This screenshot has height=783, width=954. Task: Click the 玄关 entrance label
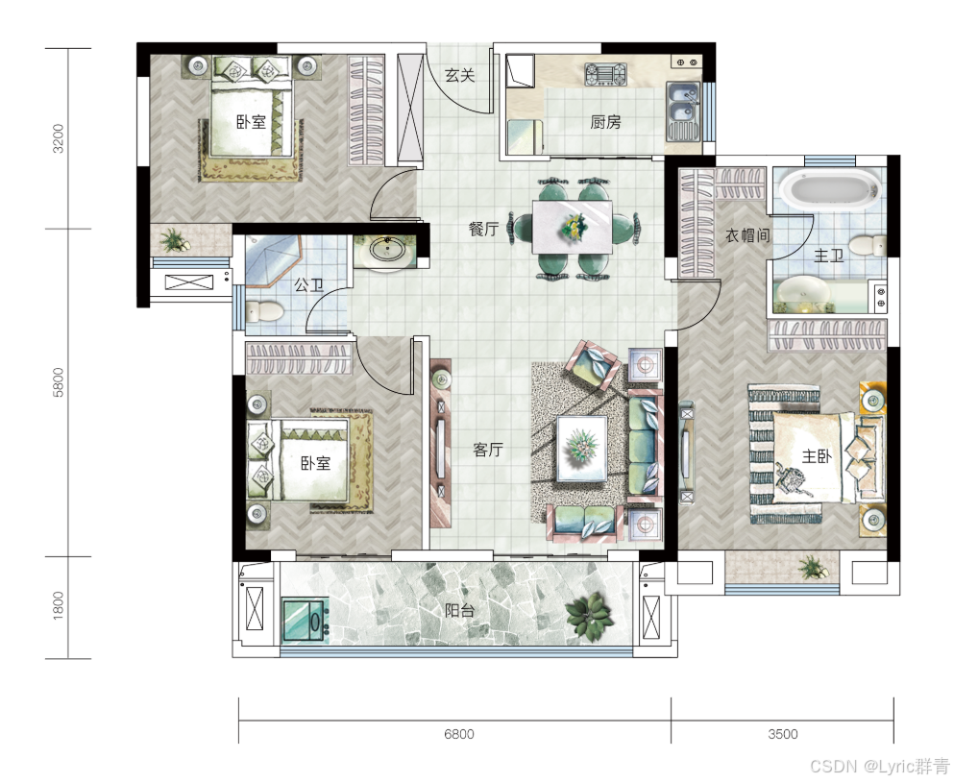click(x=459, y=76)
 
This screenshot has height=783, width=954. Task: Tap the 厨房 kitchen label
click(x=605, y=122)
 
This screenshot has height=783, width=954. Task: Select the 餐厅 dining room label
click(x=483, y=229)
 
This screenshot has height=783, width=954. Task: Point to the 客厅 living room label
click(x=488, y=450)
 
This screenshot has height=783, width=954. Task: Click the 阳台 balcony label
click(x=459, y=610)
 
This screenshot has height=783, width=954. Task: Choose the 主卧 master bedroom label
click(x=817, y=455)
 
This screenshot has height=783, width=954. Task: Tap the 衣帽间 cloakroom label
click(x=747, y=234)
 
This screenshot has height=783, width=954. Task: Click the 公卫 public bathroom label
click(x=309, y=284)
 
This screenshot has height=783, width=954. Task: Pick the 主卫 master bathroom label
click(x=829, y=256)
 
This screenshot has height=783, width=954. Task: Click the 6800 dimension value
click(x=459, y=734)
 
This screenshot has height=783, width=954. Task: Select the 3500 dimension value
click(x=782, y=734)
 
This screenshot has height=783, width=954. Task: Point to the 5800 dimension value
click(x=59, y=382)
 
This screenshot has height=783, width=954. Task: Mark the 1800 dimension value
click(x=59, y=606)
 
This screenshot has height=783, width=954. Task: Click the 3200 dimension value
click(x=59, y=138)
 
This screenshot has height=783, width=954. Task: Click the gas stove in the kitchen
click(x=605, y=74)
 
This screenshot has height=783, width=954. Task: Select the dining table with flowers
click(x=573, y=227)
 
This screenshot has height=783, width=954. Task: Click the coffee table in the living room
click(x=582, y=449)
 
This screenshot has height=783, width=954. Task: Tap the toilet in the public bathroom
click(x=264, y=312)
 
